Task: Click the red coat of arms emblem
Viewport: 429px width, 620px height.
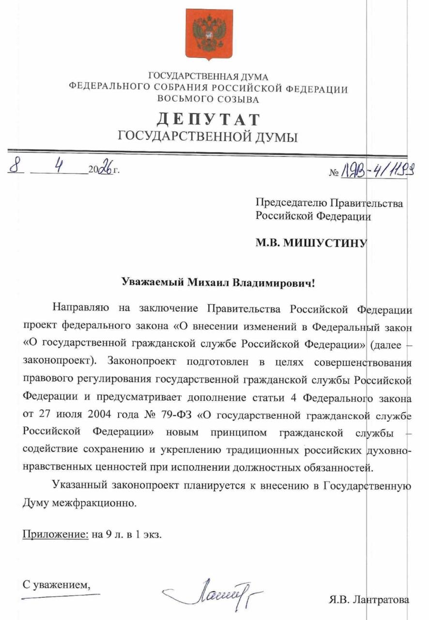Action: (x=209, y=33)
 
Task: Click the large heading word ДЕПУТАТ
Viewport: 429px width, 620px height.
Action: (x=208, y=119)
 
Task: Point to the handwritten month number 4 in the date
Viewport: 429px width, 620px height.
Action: (x=60, y=167)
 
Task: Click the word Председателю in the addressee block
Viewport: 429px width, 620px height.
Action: (x=292, y=202)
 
